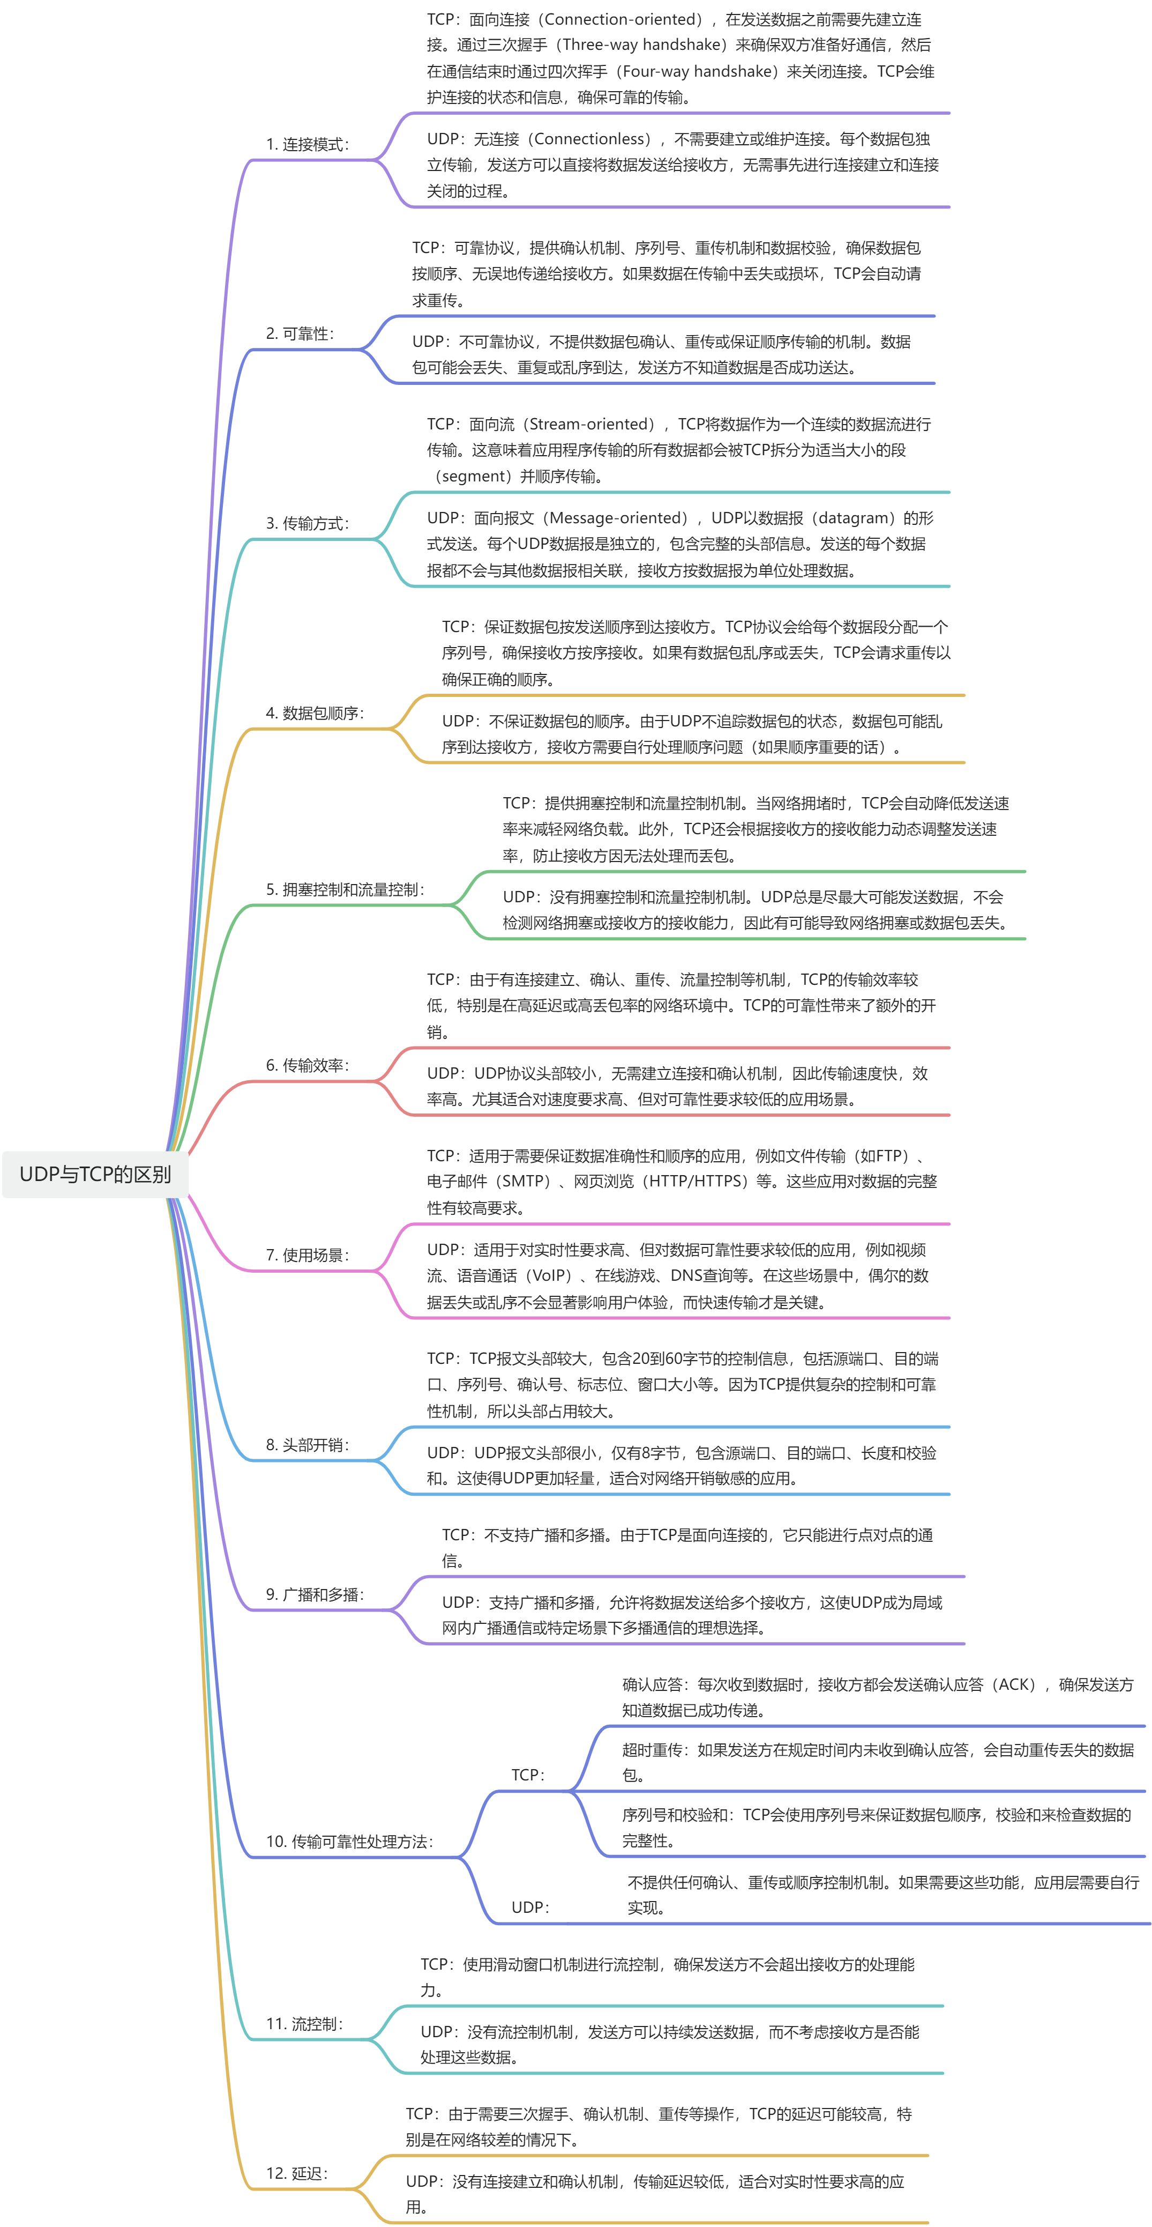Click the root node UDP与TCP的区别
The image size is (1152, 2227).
pos(95,1174)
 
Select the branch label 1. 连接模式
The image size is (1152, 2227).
pos(307,144)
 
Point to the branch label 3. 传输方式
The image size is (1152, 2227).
pos(307,523)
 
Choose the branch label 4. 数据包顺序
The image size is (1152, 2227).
pos(315,713)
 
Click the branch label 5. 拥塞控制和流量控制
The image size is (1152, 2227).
pos(345,889)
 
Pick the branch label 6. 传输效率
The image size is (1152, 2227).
pos(307,1065)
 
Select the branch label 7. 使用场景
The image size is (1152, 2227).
pos(307,1254)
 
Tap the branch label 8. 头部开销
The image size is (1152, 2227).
pos(307,1445)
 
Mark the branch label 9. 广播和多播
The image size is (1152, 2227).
pos(315,1594)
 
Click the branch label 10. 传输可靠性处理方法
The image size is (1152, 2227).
pos(349,1842)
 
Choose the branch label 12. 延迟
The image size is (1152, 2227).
pos(296,2173)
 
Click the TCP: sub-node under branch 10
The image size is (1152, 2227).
pos(528,1775)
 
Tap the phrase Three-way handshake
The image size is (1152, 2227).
pos(641,45)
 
